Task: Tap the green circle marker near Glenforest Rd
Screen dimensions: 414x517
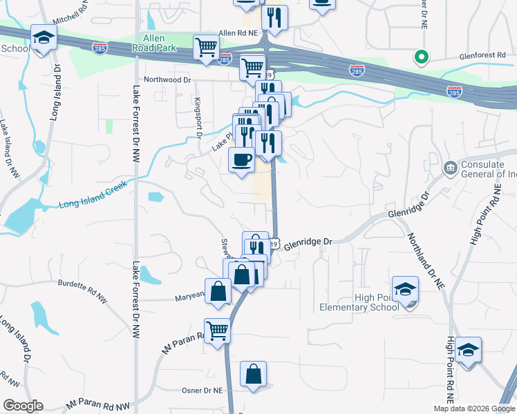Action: pyautogui.click(x=419, y=57)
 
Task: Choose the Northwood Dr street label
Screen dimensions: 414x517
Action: pyautogui.click(x=167, y=80)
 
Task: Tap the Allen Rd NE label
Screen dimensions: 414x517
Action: pyautogui.click(x=238, y=32)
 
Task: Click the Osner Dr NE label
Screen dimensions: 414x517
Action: pyautogui.click(x=201, y=390)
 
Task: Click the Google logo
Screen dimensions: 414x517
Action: pyautogui.click(x=22, y=406)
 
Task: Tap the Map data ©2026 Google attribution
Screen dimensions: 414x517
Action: pyautogui.click(x=473, y=408)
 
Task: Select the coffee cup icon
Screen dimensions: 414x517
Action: pyautogui.click(x=241, y=160)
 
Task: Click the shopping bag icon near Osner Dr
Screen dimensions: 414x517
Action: pyautogui.click(x=253, y=375)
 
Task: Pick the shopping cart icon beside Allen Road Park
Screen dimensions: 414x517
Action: pyautogui.click(x=207, y=48)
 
